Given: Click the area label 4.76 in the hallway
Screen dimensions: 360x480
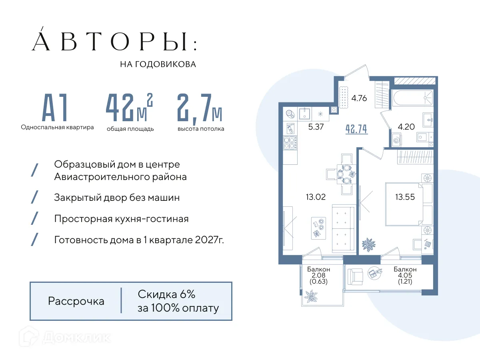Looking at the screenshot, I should tap(359, 98).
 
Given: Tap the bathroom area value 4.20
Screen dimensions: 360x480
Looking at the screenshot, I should tap(406, 127).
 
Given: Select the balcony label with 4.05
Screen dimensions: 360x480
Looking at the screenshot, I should tap(405, 275).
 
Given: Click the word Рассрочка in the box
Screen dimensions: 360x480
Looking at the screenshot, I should tap(76, 301).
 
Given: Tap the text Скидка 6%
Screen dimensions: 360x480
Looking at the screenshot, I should tap(167, 294).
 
